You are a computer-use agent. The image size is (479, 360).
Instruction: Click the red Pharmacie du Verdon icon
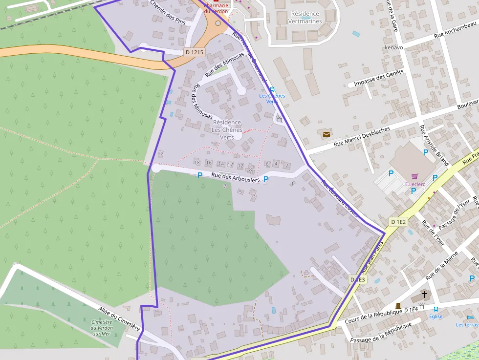[216, 1]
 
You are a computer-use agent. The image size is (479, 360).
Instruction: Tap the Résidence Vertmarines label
[305, 18]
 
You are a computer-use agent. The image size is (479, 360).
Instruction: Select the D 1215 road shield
[194, 52]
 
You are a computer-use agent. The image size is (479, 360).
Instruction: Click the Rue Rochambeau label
[455, 30]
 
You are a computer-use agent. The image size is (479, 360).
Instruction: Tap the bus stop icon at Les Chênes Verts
[272, 88]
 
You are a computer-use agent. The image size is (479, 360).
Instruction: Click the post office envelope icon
[326, 134]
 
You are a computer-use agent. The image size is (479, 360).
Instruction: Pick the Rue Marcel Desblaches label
[362, 137]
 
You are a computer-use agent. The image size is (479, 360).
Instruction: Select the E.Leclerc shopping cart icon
[414, 176]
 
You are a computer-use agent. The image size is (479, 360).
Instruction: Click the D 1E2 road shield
[398, 222]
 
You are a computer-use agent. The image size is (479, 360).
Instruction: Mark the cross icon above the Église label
[425, 295]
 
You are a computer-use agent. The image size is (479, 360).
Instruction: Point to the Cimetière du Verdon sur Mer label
[102, 328]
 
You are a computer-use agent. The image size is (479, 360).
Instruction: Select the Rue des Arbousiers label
[236, 179]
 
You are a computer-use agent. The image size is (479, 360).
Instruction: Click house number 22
[161, 154]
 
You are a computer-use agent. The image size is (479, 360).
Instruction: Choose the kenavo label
[394, 48]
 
